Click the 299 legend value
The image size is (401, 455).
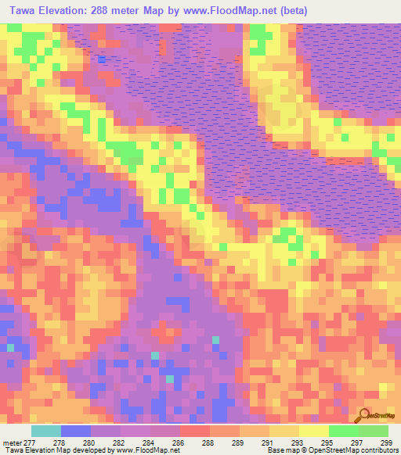click(385, 442)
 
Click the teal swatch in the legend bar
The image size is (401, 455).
click(45, 431)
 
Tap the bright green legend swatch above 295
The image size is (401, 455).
click(343, 431)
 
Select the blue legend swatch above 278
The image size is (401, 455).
click(75, 431)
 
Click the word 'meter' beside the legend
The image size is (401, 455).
click(11, 442)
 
